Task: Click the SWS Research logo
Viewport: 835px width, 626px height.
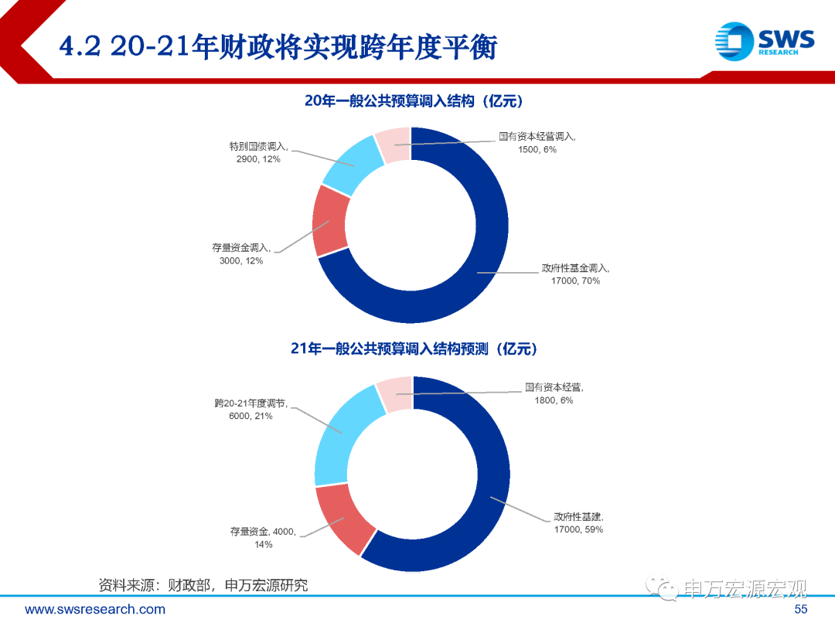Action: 763,39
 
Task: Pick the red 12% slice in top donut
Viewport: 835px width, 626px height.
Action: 330,220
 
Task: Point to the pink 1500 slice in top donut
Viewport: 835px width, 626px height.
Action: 393,145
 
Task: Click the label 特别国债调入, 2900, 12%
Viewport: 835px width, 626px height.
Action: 258,152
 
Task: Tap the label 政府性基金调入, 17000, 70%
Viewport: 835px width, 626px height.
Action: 575,274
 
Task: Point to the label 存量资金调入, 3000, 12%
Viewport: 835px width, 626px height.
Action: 241,254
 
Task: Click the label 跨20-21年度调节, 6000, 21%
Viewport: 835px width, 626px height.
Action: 250,410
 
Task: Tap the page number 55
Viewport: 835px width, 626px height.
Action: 800,610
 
